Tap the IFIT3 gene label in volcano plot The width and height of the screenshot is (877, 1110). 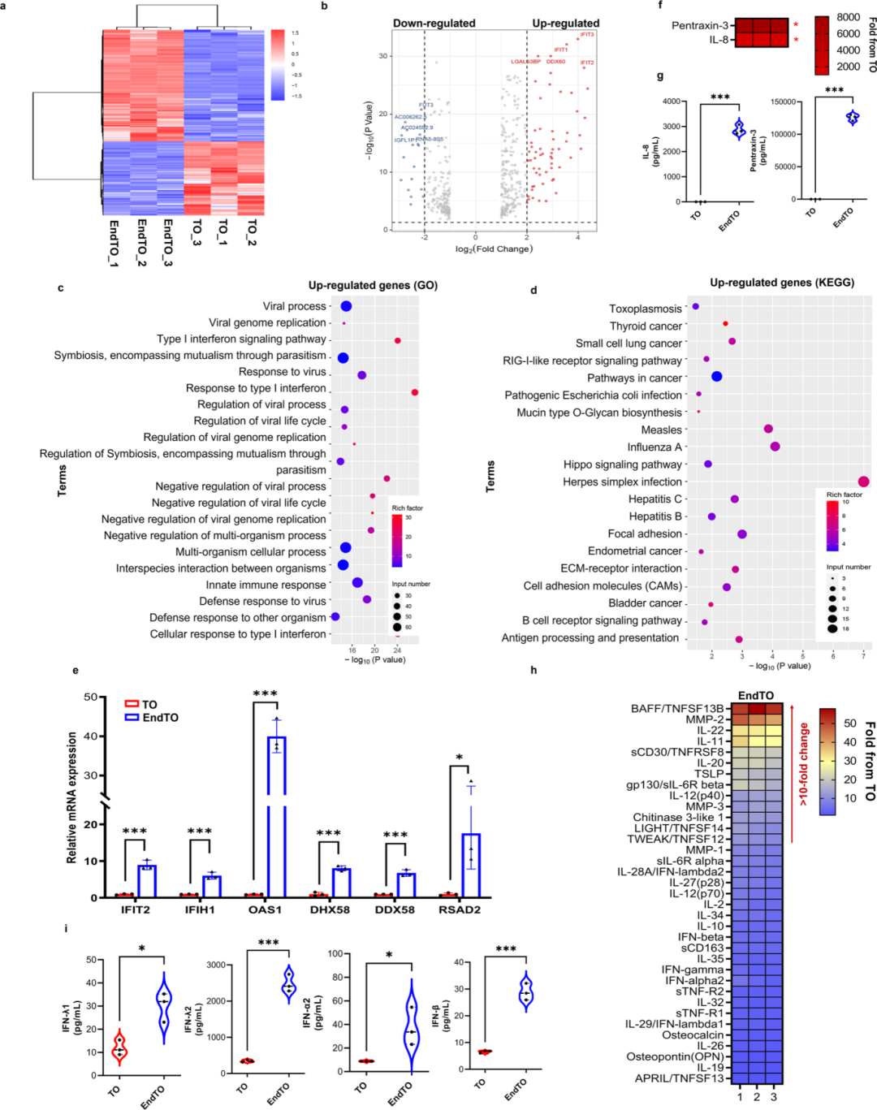tap(586, 35)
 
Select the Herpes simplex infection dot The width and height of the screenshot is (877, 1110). tap(863, 482)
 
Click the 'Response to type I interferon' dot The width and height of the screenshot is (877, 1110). tap(415, 392)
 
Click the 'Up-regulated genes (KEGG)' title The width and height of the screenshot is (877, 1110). tap(782, 283)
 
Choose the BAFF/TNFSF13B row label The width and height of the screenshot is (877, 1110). tap(677, 709)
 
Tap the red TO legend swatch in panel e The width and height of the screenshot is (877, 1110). tap(132, 704)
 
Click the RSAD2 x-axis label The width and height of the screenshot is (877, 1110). tap(460, 909)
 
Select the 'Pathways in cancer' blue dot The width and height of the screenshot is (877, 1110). tap(716, 377)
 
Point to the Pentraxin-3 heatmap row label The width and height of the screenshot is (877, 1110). tap(700, 26)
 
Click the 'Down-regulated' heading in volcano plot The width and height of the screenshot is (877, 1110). tap(434, 24)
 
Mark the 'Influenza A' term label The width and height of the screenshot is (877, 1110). tap(655, 447)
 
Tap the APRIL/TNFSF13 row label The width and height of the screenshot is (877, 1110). tap(679, 1078)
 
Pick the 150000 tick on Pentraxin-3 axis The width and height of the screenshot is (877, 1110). tap(783, 102)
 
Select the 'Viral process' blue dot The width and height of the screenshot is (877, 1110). tap(346, 306)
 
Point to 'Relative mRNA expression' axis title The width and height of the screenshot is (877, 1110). tap(72, 797)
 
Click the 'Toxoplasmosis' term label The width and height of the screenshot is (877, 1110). tap(646, 309)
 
